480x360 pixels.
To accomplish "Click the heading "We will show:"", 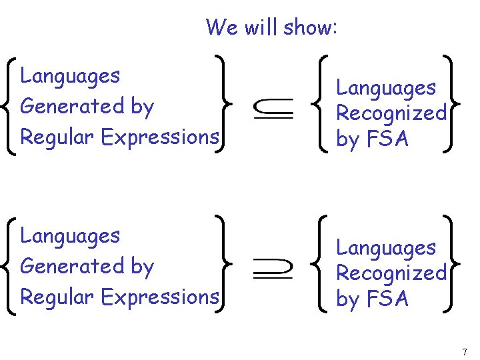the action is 272,27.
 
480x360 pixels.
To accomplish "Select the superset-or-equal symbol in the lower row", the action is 273,267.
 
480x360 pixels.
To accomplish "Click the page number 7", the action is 464,351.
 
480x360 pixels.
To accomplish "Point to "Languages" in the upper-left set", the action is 70,76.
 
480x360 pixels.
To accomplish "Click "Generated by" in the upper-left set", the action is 87,106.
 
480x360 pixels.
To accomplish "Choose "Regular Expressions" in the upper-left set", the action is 119,137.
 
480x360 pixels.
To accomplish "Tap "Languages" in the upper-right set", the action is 385,87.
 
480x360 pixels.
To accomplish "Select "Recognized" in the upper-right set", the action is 391,113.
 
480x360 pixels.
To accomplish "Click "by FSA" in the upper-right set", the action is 372,139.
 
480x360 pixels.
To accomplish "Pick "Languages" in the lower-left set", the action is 70,236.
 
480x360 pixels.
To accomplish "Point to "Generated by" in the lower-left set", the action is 87,266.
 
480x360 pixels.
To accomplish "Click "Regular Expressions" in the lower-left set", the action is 119,297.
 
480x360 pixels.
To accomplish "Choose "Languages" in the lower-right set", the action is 385,247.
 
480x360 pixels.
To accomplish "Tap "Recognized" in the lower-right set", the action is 391,273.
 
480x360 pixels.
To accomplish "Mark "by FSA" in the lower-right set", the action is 372,299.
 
